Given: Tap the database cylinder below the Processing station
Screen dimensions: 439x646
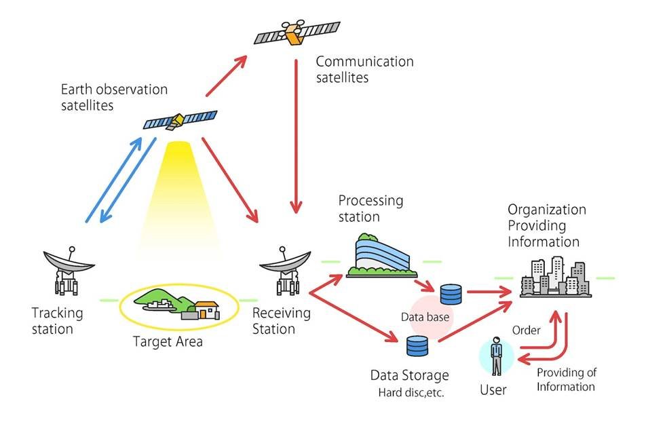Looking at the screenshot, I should [x=451, y=294].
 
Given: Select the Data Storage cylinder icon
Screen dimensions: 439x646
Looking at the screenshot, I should [x=417, y=346].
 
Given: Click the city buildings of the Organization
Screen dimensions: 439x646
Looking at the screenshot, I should [x=555, y=276].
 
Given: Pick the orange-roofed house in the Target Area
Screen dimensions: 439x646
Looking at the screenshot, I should [x=206, y=309].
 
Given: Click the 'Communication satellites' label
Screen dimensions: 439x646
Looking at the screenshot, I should [x=364, y=69].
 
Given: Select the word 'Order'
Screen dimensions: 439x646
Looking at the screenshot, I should [x=526, y=330].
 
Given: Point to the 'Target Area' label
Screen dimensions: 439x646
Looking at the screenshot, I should [x=168, y=341].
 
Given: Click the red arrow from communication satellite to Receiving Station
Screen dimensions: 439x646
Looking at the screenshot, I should [x=295, y=136].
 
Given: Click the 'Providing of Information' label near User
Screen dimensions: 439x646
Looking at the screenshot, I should [x=566, y=379].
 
